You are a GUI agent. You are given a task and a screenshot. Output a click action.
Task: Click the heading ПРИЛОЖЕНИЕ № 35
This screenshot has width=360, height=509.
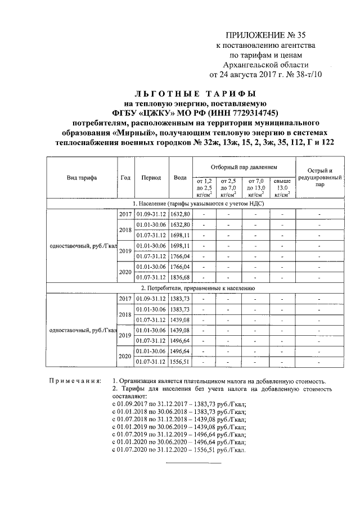coord(266,35)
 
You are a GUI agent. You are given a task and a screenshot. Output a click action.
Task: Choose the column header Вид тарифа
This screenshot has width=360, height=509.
coord(81,178)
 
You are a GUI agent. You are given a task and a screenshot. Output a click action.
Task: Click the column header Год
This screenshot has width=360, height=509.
coord(125,178)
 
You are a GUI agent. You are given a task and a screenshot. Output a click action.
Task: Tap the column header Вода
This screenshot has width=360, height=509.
coord(180,178)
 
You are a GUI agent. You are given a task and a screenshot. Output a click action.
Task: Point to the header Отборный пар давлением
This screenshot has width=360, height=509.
coord(244,168)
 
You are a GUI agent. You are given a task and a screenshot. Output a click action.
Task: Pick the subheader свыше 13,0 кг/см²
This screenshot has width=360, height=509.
coord(282,188)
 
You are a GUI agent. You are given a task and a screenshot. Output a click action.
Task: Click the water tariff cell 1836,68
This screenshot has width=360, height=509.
coord(180,277)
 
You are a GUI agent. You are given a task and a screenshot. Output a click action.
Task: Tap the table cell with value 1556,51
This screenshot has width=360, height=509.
coord(180,362)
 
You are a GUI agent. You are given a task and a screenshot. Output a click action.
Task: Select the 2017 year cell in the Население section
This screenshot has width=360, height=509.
coord(125,214)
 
